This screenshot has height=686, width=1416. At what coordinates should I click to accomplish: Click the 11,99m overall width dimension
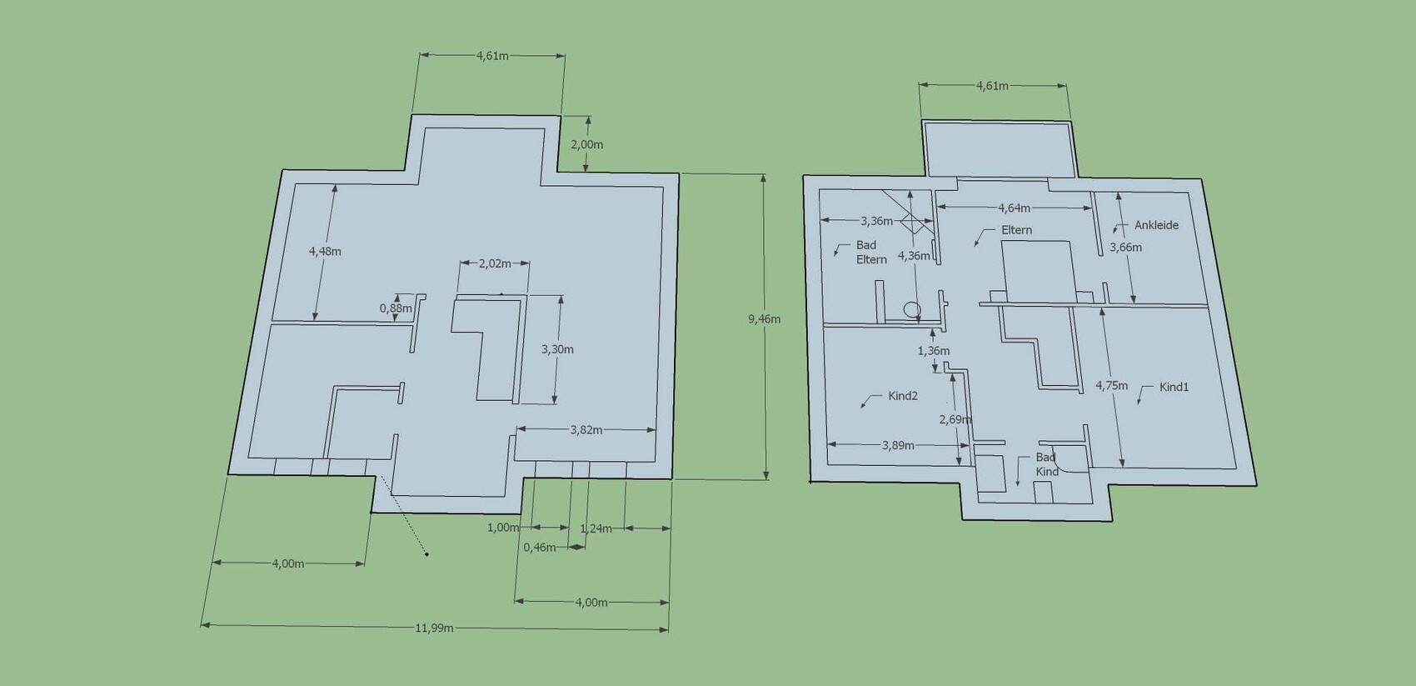[434, 628]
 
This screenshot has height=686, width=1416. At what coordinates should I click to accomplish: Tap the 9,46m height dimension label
[765, 319]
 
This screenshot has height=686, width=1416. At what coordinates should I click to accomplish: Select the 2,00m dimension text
[586, 144]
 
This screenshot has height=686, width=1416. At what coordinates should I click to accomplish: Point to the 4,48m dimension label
[325, 251]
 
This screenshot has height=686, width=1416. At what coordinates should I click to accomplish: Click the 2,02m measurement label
[495, 263]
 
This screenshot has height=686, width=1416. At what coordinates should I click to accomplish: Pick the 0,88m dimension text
[396, 308]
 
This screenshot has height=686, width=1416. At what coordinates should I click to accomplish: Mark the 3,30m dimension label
[557, 349]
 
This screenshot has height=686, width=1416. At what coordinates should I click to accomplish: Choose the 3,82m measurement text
[586, 430]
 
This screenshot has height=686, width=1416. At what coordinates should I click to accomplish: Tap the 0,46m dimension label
[540, 548]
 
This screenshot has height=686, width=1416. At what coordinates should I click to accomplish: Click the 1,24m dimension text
[596, 528]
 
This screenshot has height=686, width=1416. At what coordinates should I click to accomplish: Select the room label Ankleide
[1156, 225]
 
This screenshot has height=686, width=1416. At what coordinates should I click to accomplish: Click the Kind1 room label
[1174, 387]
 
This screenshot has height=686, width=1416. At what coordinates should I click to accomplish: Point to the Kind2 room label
[903, 396]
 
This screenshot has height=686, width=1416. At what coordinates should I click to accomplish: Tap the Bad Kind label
[1047, 464]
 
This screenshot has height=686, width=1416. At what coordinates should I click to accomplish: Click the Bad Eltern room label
[871, 252]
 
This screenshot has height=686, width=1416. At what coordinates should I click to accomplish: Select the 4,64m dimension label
[1014, 208]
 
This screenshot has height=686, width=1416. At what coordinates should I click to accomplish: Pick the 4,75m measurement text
[1111, 385]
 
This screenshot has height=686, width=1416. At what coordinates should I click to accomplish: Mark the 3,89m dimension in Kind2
[898, 445]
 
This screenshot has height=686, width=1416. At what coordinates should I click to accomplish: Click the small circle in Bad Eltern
[911, 309]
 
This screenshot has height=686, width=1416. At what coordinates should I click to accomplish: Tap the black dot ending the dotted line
[426, 554]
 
